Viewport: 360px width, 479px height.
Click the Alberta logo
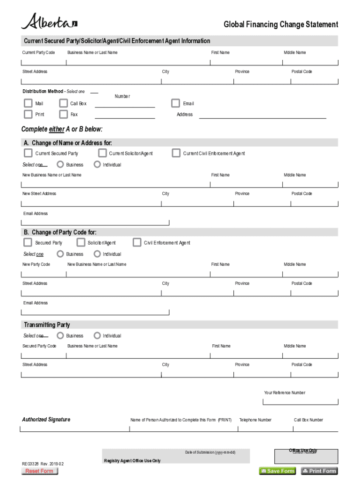(x=49, y=22)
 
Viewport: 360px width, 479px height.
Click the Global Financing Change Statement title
(x=281, y=24)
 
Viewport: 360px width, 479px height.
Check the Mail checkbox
(x=28, y=103)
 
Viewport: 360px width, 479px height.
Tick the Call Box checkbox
(x=64, y=103)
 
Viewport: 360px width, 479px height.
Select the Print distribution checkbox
(x=28, y=114)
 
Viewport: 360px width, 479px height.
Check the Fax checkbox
(x=64, y=114)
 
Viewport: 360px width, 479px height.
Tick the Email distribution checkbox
(x=175, y=103)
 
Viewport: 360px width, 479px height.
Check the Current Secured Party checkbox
(x=28, y=153)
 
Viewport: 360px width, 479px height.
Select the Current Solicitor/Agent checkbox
(x=102, y=153)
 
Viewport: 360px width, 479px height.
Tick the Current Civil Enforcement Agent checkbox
(x=176, y=153)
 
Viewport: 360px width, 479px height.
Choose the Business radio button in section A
(x=60, y=165)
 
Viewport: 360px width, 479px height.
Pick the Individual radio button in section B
(x=97, y=254)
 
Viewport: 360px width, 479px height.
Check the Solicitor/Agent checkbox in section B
(x=80, y=242)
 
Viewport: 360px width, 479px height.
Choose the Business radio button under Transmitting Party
(x=60, y=335)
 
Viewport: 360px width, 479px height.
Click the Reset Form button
(x=40, y=471)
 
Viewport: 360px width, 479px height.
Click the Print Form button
(x=319, y=471)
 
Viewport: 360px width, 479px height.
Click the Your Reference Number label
(x=284, y=393)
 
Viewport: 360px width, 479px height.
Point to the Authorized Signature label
(x=46, y=420)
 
